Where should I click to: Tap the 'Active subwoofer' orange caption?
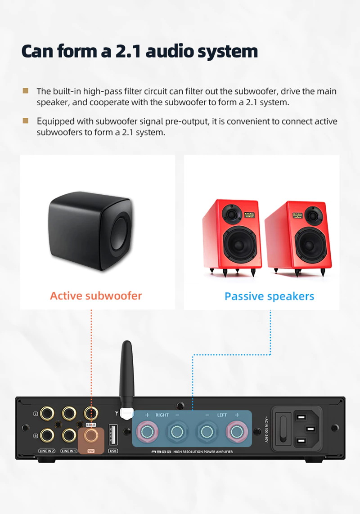click(96, 295)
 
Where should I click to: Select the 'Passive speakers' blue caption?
click(269, 296)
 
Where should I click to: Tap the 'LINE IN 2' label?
click(46, 451)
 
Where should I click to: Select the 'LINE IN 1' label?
click(69, 451)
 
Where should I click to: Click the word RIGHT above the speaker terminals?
click(162, 415)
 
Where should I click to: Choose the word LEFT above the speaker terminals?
click(222, 415)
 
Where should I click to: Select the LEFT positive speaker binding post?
click(236, 433)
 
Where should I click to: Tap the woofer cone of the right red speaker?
click(310, 243)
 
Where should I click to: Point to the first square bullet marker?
click(26, 91)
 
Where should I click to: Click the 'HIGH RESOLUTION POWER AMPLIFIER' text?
click(203, 451)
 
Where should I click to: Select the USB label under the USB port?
click(113, 451)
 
